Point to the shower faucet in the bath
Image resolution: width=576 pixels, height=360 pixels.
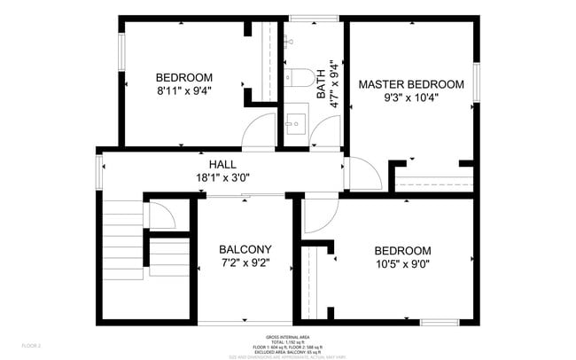(x=290, y=41)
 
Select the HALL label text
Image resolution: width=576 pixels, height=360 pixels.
(x=222, y=165)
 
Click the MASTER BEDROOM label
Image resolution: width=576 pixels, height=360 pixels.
(x=410, y=84)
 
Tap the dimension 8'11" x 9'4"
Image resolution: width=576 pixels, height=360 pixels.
(x=183, y=90)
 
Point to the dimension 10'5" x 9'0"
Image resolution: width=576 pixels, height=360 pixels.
(x=402, y=264)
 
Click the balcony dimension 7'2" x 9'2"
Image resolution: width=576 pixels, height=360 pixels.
(x=245, y=263)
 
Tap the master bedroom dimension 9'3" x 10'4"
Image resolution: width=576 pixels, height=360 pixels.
(x=410, y=98)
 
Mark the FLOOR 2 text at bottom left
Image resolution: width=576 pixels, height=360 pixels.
(x=32, y=345)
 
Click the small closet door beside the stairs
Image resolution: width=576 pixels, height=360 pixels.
(x=160, y=216)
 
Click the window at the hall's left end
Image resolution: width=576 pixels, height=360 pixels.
(x=100, y=171)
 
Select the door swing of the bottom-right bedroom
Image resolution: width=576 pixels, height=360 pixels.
(x=315, y=215)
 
